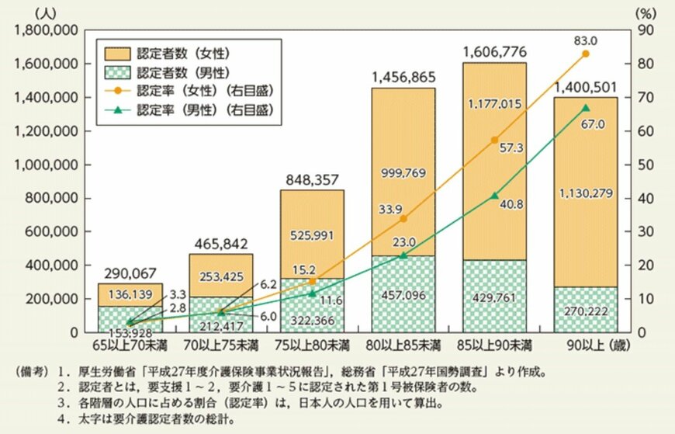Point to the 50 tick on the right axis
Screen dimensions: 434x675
click(x=645, y=164)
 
